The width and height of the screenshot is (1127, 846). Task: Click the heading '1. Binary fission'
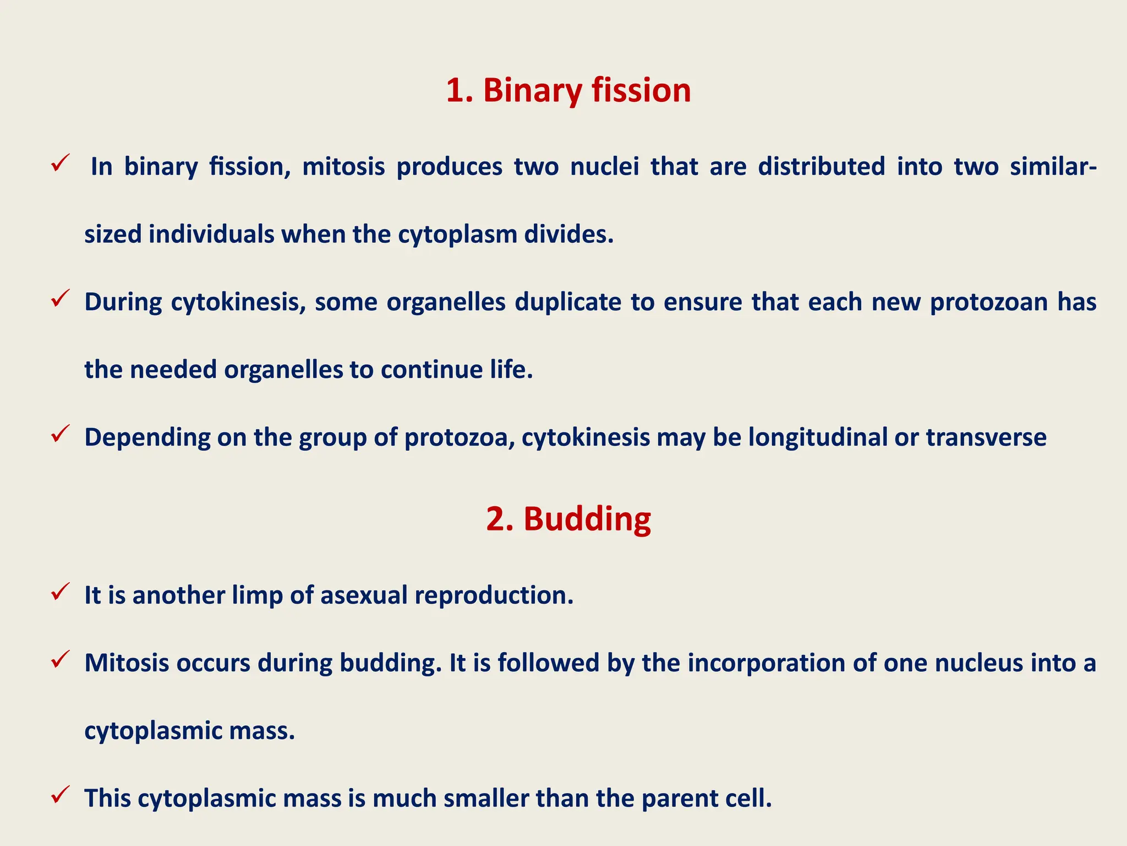(568, 90)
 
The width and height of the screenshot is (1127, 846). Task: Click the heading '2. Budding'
(568, 519)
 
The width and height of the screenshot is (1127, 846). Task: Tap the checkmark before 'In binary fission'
(59, 163)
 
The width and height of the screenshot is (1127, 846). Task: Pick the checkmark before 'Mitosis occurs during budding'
(59, 659)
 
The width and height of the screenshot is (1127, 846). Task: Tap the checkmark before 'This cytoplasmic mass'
(59, 795)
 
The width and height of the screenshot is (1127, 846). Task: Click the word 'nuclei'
(605, 166)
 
